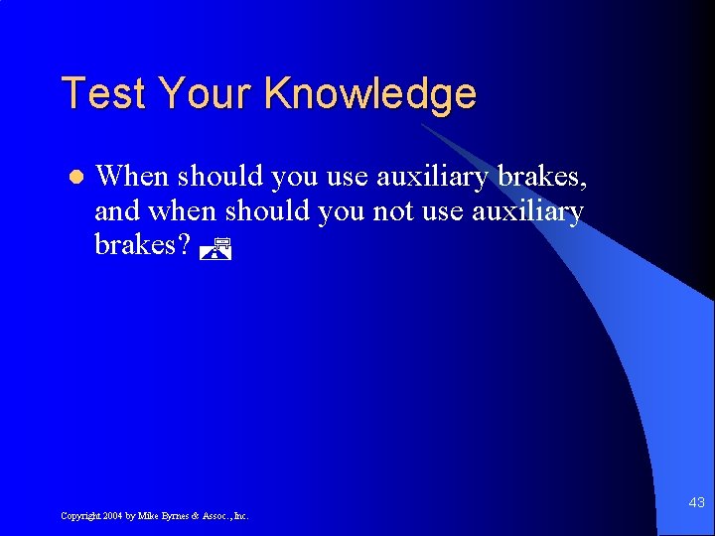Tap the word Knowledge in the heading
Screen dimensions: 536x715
pos(370,94)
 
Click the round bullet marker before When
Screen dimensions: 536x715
pos(73,178)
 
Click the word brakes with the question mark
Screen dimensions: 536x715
pos(142,245)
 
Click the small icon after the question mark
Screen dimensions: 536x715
pos(214,249)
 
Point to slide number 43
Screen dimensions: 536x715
pos(696,503)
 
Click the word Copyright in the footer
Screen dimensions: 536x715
pos(80,516)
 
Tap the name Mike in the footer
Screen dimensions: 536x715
pos(147,516)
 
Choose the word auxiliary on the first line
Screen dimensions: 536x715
pos(430,177)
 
